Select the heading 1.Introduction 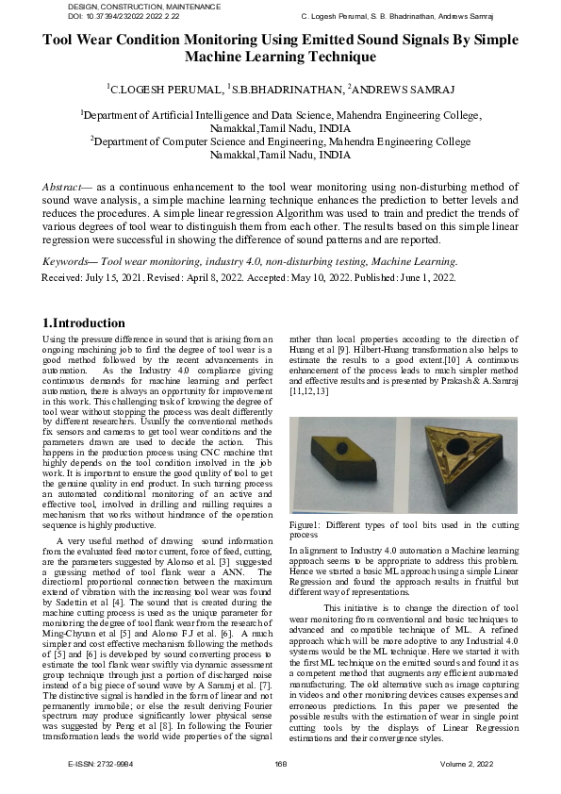coord(85,323)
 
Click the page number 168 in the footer coord(280,789)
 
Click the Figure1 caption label coord(304,523)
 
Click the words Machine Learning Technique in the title coord(281,58)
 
